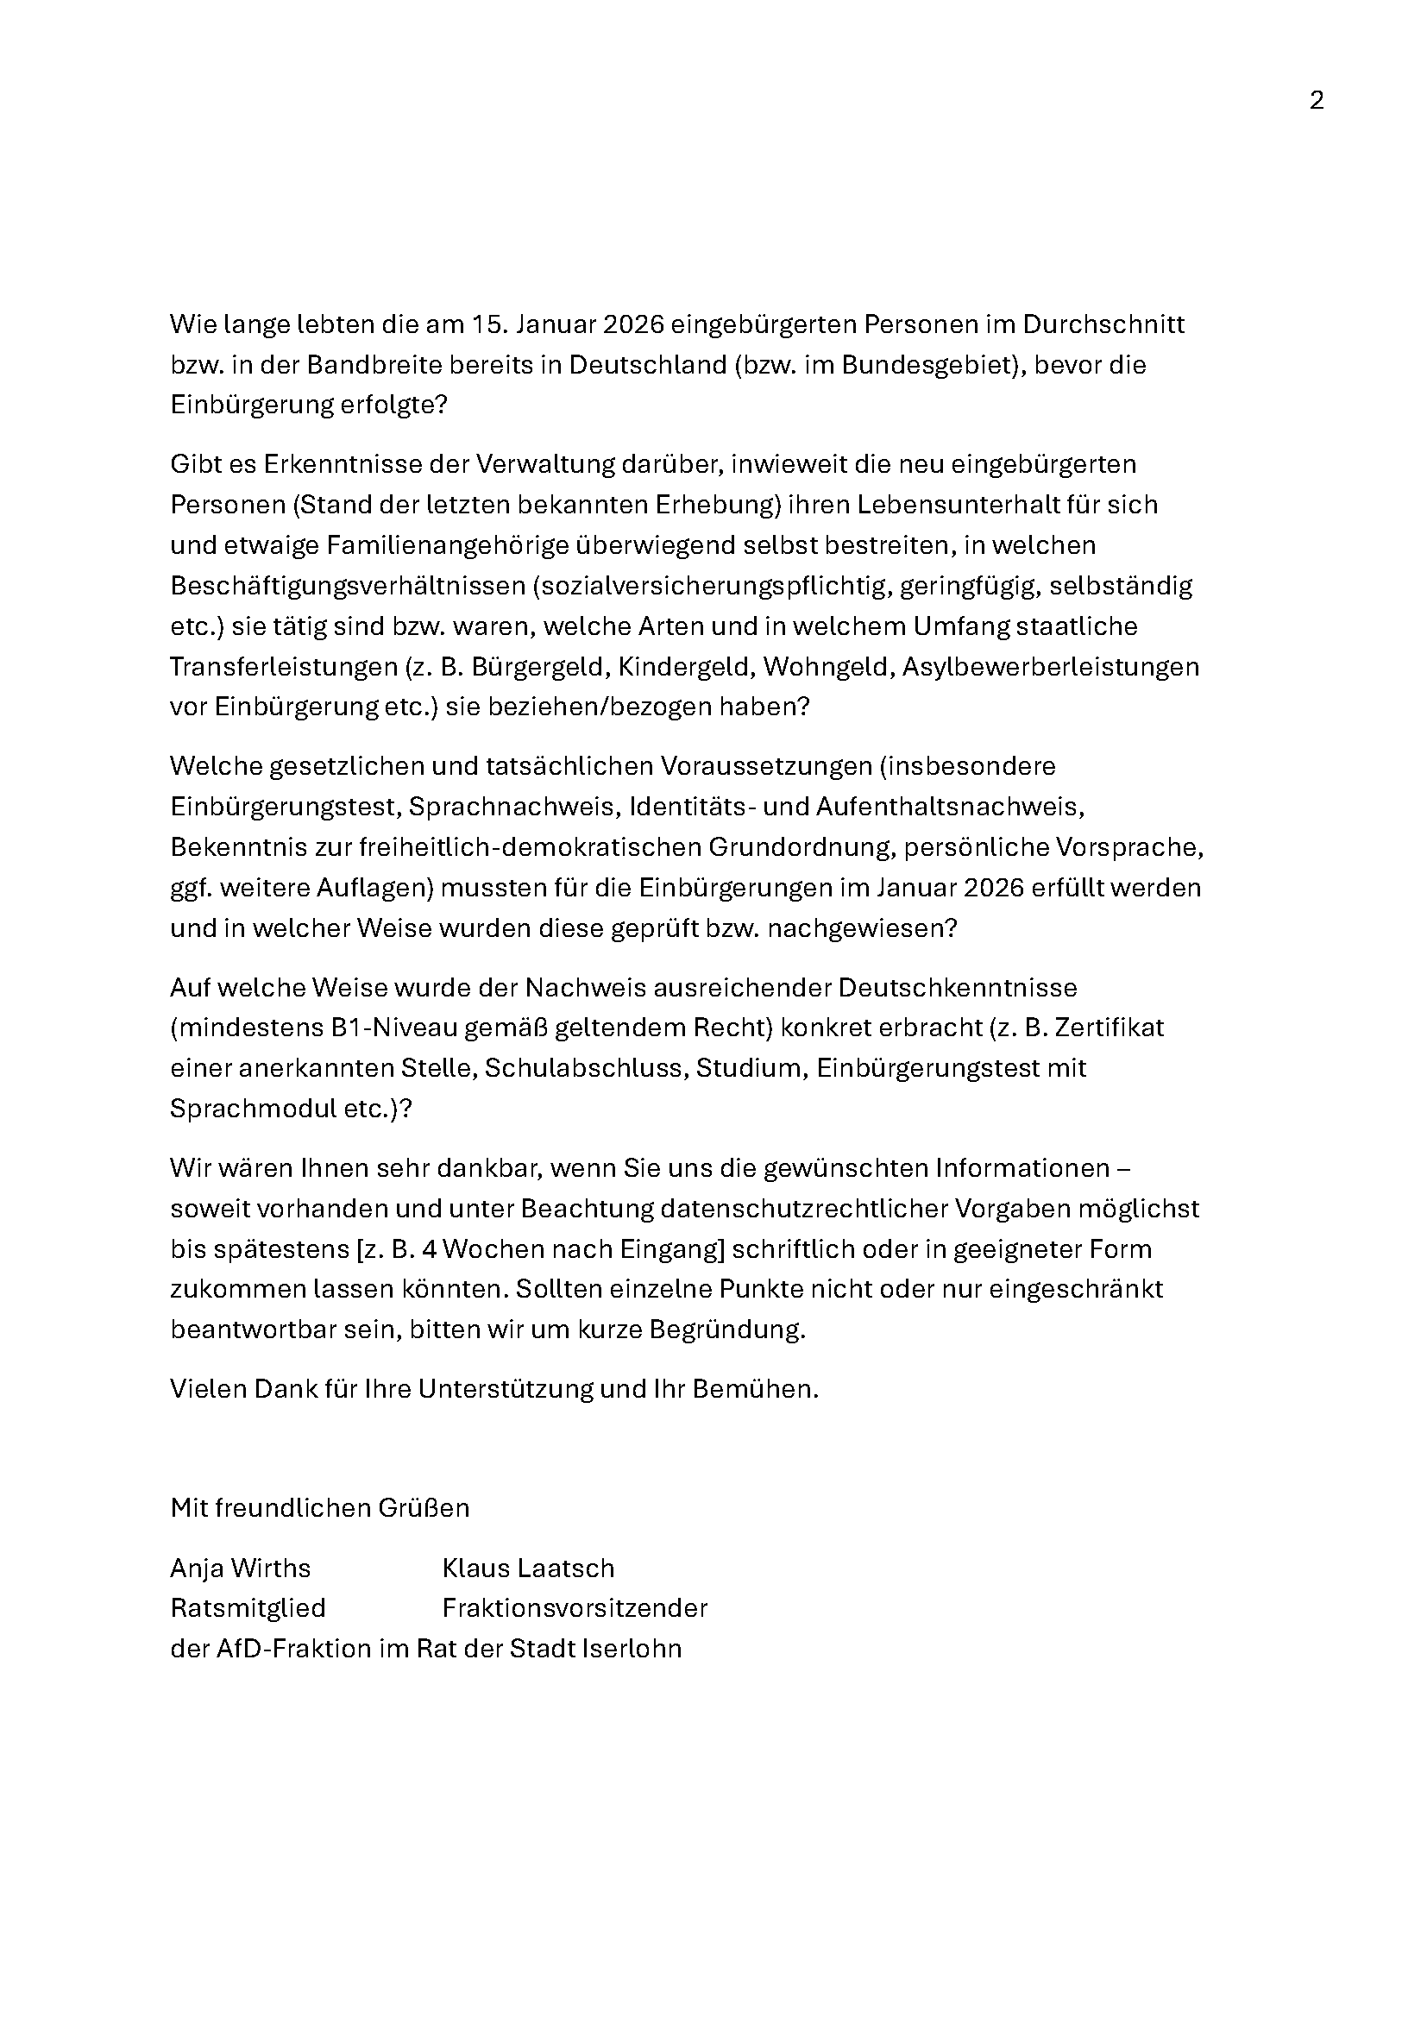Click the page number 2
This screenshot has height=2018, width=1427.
click(x=1317, y=101)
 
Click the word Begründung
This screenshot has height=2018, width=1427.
click(x=726, y=1330)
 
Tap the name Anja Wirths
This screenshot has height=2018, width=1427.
click(x=241, y=1568)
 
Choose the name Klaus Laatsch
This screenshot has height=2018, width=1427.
click(x=529, y=1568)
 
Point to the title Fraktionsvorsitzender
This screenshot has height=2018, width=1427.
click(x=575, y=1607)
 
